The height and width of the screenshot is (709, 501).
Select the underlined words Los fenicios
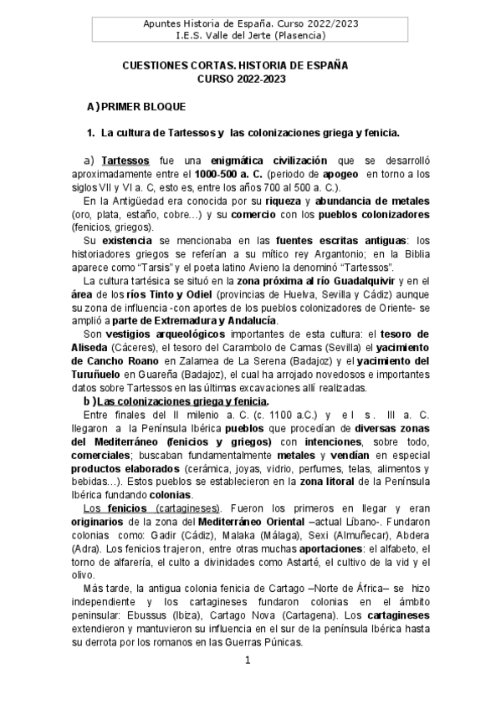(117, 508)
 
